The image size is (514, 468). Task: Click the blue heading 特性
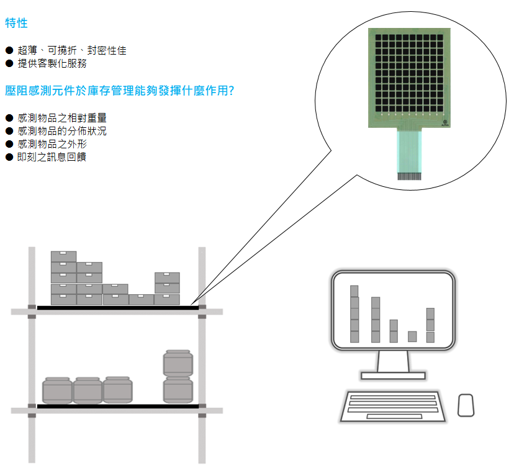[x=16, y=23]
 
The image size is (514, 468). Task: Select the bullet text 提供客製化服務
[x=52, y=63]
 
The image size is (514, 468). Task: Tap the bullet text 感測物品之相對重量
[x=62, y=118]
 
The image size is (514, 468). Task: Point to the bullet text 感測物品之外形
[x=52, y=144]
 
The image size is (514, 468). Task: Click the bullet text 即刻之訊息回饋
[x=52, y=157]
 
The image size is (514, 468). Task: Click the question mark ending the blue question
[x=232, y=91]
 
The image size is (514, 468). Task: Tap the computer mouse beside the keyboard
[x=466, y=405]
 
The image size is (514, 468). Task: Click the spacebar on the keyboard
[x=394, y=416]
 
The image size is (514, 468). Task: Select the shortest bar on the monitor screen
[x=412, y=336]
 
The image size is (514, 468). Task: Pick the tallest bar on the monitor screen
[x=354, y=314]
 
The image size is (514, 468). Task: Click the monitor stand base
[x=393, y=376]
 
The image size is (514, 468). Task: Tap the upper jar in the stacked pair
[x=178, y=363]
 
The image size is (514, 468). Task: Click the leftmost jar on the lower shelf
[x=57, y=390]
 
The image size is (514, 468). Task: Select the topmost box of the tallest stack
[x=63, y=256]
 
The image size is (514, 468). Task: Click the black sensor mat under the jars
[x=118, y=407]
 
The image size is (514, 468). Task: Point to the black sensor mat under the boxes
[x=118, y=308]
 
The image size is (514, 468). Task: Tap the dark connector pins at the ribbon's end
[x=409, y=176]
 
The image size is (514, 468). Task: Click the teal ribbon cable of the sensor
[x=409, y=151]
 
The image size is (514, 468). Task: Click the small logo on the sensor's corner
[x=445, y=123]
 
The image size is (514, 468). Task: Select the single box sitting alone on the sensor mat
[x=142, y=300]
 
